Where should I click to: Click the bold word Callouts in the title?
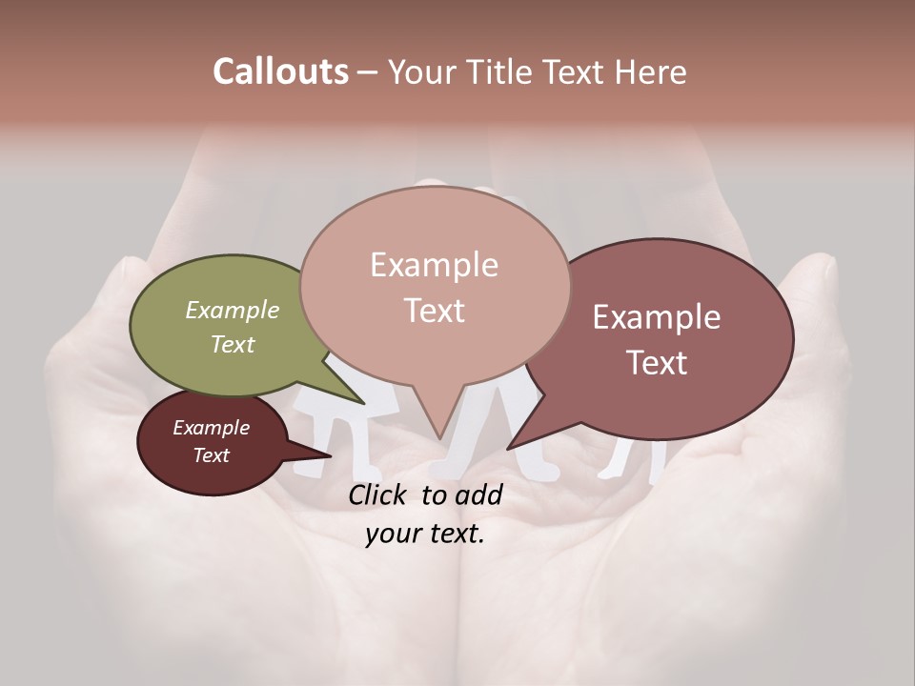pos(280,71)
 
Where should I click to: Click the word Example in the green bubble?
pos(233,310)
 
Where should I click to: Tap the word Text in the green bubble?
pos(233,344)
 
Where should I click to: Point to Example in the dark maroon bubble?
pos(211,428)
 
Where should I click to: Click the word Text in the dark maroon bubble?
pos(211,455)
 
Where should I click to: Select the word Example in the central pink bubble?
pos(434,265)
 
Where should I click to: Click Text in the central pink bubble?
pos(434,311)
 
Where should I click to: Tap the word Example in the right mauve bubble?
pos(657,317)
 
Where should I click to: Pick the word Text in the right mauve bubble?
pos(657,363)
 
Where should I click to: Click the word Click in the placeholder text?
pos(380,494)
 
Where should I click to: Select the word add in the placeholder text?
pos(478,494)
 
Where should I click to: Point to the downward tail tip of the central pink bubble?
pos(439,437)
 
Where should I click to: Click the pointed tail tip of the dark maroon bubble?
pos(330,455)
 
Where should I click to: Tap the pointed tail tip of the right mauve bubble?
pos(508,448)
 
